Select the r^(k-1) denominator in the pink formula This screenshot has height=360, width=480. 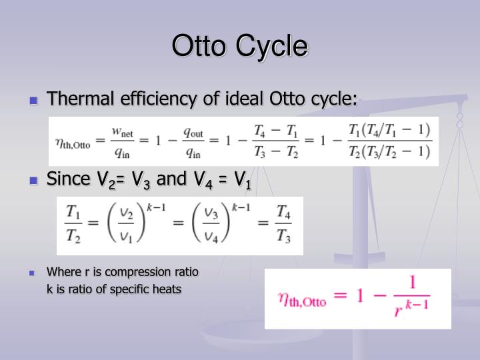click(x=412, y=309)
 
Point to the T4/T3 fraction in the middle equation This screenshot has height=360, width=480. click(x=283, y=226)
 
